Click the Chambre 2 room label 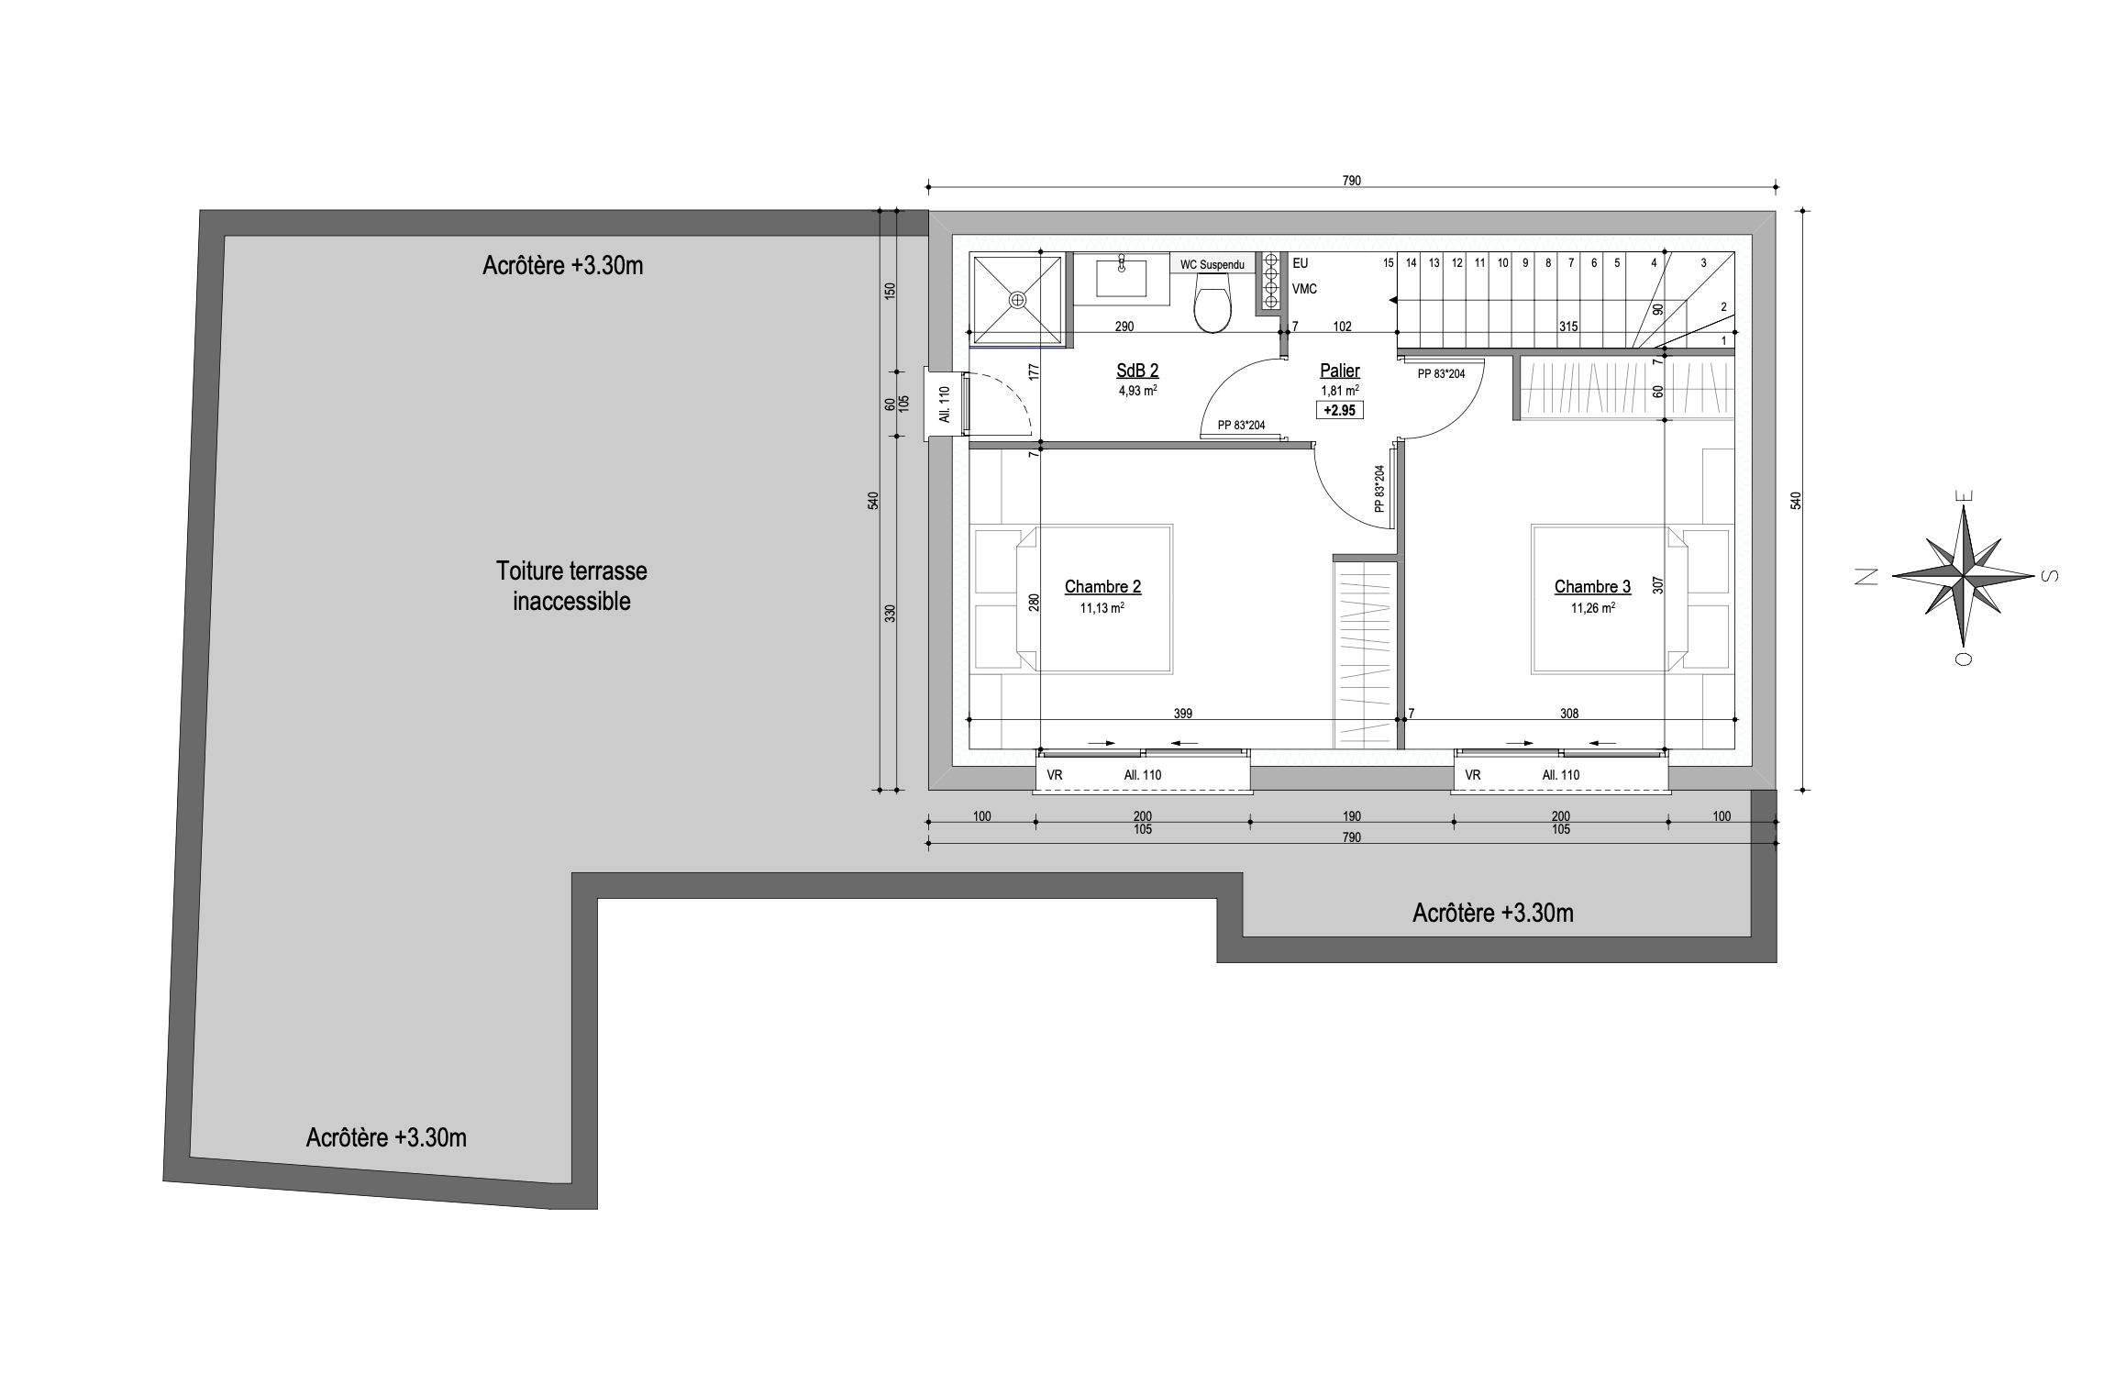tap(1102, 587)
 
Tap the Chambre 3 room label tap(1592, 587)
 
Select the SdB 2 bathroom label tap(1137, 371)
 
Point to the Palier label tap(1339, 371)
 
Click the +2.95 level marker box tap(1340, 410)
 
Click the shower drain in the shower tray tap(1017, 300)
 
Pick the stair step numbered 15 tap(1389, 263)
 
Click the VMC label tap(1304, 289)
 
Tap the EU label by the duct tap(1301, 263)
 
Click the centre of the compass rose tap(1962, 576)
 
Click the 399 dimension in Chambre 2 tap(1183, 714)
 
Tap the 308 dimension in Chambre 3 tap(1569, 714)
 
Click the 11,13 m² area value tap(1102, 607)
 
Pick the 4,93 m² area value tap(1137, 390)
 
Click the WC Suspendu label tap(1212, 265)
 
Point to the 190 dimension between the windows tap(1352, 816)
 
